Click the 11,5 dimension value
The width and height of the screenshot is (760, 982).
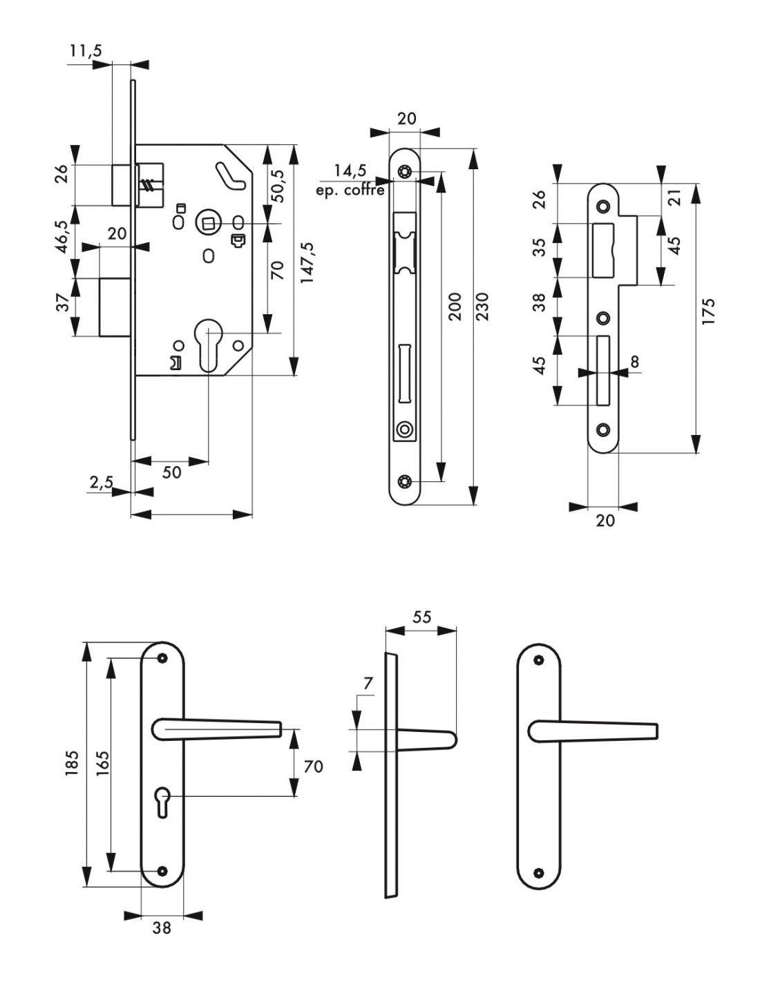click(86, 50)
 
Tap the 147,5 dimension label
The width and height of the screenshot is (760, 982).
click(307, 263)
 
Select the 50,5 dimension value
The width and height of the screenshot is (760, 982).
click(277, 186)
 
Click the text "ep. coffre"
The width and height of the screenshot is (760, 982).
click(350, 190)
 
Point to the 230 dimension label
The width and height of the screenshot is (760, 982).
click(482, 307)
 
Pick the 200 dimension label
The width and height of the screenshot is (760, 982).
click(455, 307)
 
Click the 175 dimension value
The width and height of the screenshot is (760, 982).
click(708, 311)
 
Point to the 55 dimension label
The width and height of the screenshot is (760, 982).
click(422, 617)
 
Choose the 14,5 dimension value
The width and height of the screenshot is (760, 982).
click(350, 171)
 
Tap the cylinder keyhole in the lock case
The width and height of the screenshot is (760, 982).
click(209, 345)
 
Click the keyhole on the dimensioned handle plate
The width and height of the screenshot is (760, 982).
click(162, 801)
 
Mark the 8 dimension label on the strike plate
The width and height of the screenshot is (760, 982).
click(635, 362)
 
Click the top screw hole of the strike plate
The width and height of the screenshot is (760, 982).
click(602, 206)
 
